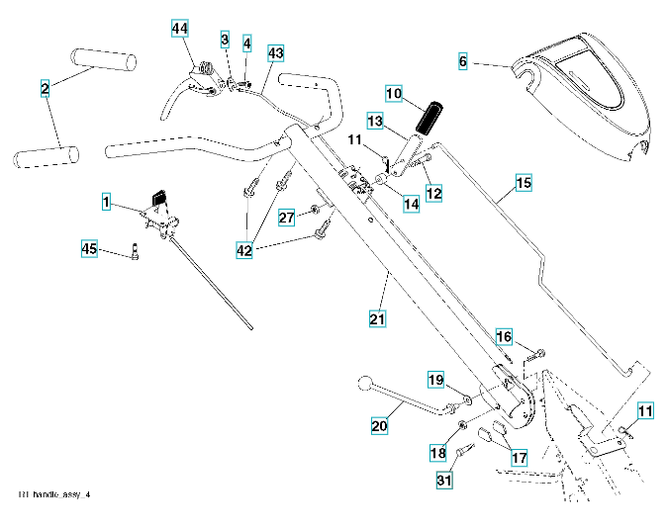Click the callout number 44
[179, 30]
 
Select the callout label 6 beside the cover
[462, 61]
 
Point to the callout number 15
[524, 183]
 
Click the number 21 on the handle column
[377, 318]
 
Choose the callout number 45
[90, 250]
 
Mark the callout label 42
[244, 251]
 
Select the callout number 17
[519, 458]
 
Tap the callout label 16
[504, 337]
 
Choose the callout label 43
[275, 51]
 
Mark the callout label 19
[434, 381]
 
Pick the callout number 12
[432, 191]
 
